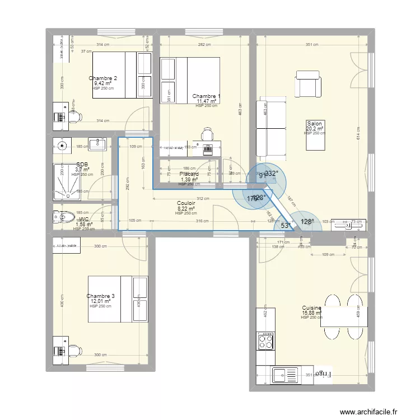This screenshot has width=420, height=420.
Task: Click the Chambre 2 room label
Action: coord(102,78)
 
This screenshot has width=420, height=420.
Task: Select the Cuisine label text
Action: coord(311,308)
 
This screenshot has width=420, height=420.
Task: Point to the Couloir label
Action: coord(186,204)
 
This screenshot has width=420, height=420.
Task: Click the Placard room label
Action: coord(189,174)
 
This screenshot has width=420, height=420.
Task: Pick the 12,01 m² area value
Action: coord(101,301)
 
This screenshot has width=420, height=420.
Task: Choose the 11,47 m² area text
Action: coord(206,101)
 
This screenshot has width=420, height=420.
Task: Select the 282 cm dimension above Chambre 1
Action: coord(204,45)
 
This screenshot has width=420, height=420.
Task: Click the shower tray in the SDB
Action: coord(68,181)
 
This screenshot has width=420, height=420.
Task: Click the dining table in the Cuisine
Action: coord(344,316)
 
